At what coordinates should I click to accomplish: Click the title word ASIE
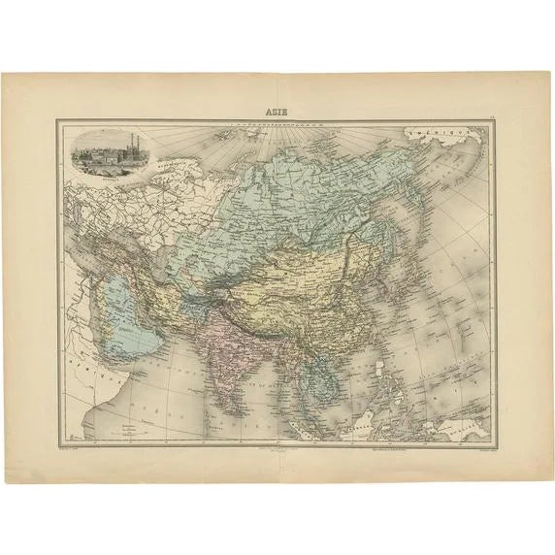point(277,111)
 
